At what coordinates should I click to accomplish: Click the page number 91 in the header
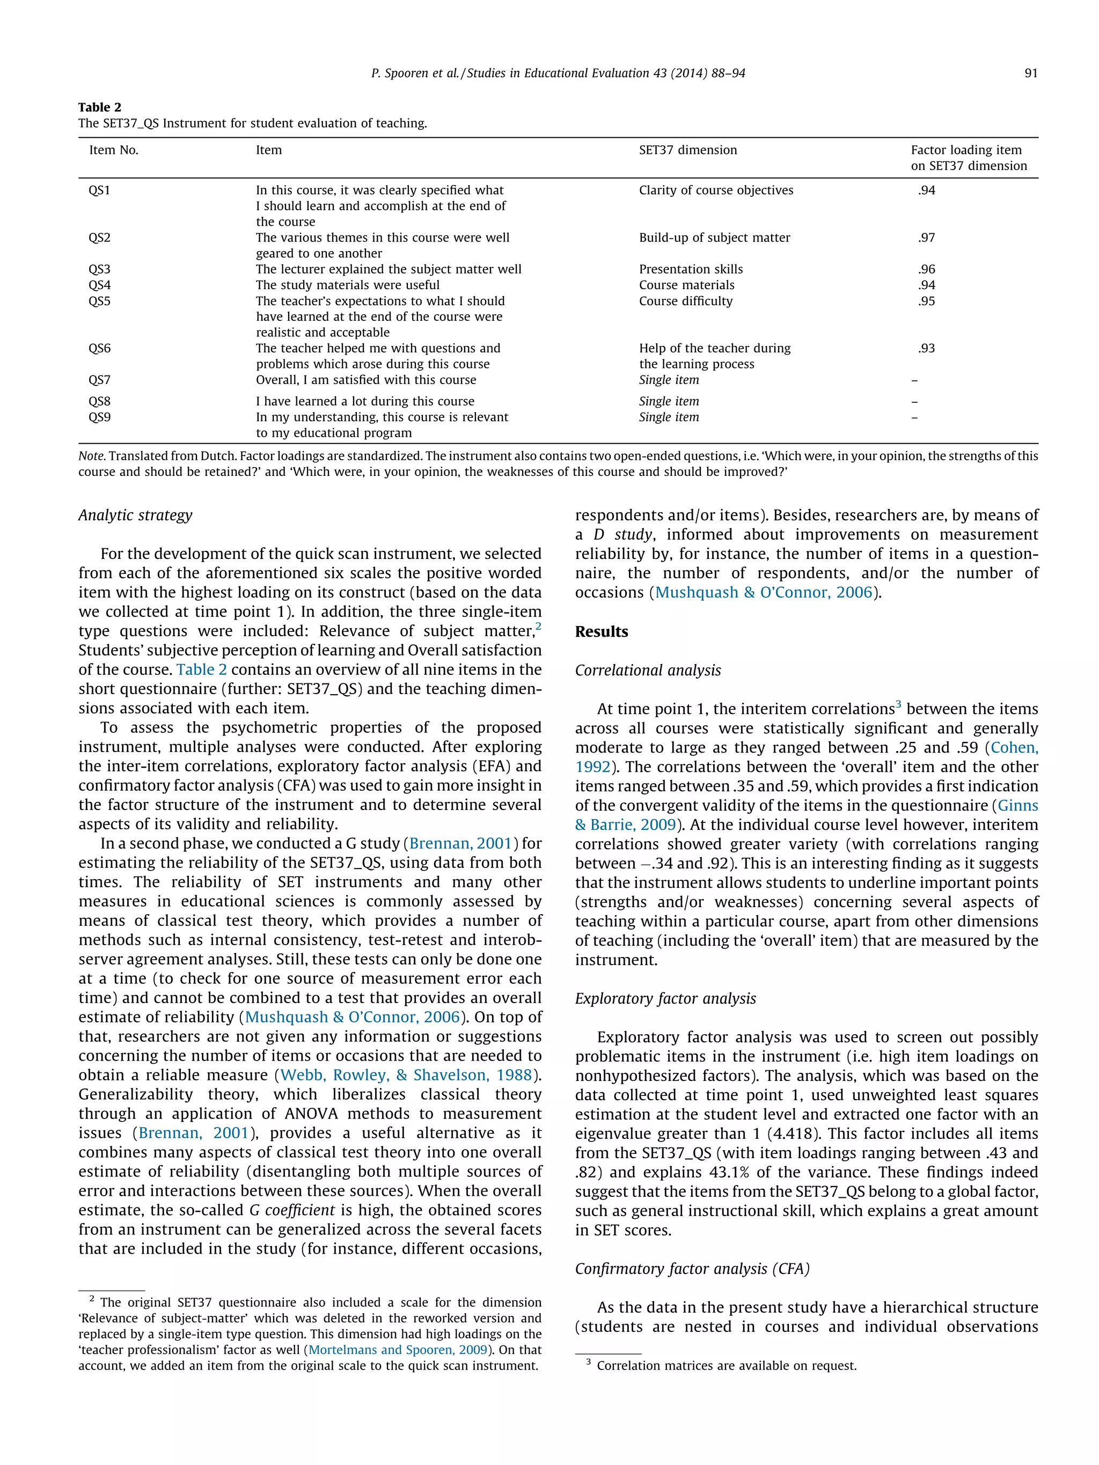(x=1030, y=73)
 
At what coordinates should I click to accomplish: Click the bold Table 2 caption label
(x=99, y=107)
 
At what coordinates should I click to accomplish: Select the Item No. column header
(x=113, y=150)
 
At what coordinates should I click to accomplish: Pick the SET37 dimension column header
(x=687, y=150)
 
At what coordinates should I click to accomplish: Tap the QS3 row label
(x=99, y=269)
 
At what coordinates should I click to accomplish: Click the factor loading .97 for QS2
(x=926, y=238)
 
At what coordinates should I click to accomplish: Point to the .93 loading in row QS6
(x=926, y=348)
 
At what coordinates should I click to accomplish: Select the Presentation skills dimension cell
(x=690, y=269)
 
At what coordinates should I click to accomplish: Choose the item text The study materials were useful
(x=347, y=285)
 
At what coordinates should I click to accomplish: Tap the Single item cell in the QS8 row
(x=669, y=401)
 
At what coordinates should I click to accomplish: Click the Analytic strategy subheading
(x=135, y=516)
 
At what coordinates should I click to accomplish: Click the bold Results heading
(x=601, y=632)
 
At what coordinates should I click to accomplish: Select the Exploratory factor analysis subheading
(x=665, y=999)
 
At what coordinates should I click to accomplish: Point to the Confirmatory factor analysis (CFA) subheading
(x=692, y=1269)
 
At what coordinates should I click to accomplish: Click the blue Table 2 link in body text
(x=201, y=669)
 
